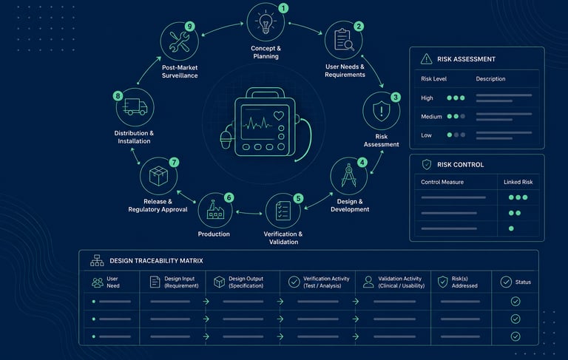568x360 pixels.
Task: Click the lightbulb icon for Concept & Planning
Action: click(266, 22)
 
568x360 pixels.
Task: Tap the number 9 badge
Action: click(189, 26)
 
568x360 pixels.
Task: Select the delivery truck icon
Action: click(135, 107)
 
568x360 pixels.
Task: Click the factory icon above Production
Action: click(215, 210)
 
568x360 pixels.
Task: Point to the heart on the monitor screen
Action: click(279, 116)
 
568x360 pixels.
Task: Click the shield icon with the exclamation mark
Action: click(381, 111)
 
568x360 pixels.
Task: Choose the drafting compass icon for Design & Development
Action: click(348, 176)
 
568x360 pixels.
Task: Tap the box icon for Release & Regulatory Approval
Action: click(159, 176)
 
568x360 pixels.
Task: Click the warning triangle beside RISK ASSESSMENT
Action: click(426, 58)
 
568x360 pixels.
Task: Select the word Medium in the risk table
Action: click(431, 117)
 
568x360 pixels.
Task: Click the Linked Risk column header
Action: click(518, 182)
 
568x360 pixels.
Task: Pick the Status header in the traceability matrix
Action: click(523, 282)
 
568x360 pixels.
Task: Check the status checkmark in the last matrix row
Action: click(515, 336)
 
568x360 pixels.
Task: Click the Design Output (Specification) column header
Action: click(246, 282)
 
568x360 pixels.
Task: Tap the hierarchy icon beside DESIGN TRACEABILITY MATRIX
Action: click(97, 260)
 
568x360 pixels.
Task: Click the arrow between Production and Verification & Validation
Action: click(249, 213)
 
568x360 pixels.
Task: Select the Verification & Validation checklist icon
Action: click(283, 211)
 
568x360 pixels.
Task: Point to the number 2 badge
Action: click(359, 26)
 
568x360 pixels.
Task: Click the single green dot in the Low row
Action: click(450, 135)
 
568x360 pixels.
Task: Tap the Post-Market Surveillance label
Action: click(180, 72)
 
